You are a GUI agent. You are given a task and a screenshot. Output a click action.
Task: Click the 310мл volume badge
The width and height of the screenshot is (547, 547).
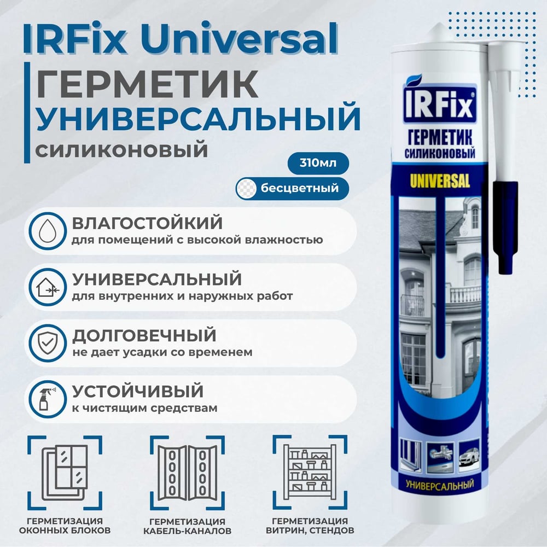coord(318,163)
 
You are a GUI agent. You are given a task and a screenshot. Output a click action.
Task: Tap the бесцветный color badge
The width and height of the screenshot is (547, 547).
coord(292,188)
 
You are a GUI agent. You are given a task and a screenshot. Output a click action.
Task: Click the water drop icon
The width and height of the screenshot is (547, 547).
coord(48,231)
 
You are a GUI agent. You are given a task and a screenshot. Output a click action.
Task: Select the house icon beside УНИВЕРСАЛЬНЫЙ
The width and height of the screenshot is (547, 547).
coord(48,287)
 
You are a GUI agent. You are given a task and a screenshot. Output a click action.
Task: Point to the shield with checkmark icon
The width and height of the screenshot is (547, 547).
coord(48,343)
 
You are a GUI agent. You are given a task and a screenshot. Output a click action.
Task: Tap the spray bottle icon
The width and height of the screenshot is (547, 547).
coord(48,399)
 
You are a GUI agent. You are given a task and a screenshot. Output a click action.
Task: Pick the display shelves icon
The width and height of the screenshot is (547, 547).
coord(310,472)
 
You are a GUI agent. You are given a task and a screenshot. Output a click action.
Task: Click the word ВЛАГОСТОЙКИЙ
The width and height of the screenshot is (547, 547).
coord(147,223)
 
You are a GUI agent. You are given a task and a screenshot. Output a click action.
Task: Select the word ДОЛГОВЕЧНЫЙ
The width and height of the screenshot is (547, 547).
coord(144,336)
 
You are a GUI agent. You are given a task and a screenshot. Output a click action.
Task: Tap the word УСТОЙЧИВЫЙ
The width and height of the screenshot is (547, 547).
coord(138,391)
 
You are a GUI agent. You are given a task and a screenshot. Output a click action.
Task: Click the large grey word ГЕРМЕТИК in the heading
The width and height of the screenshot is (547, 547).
coord(147,84)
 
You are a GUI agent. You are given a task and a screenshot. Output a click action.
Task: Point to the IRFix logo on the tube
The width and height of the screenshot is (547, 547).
coord(440,103)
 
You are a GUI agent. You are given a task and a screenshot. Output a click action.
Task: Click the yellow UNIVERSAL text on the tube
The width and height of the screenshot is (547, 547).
coord(440,181)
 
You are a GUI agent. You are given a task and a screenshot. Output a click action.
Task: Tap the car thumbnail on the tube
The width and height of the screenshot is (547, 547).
coord(469,457)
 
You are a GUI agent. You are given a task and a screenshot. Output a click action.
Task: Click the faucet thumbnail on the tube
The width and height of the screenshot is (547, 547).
coord(440,457)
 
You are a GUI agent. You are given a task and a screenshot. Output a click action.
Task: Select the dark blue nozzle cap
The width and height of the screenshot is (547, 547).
coord(505,227)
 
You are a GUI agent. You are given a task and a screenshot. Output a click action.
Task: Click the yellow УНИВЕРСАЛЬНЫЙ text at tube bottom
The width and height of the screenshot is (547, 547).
coord(440,485)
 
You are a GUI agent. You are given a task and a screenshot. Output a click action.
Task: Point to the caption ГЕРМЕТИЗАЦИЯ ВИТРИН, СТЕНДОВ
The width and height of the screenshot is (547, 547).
coord(310,526)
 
